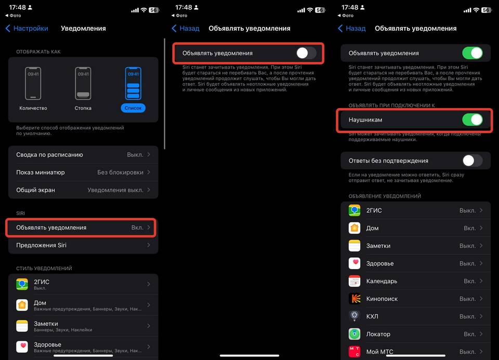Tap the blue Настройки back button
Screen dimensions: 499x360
(27, 28)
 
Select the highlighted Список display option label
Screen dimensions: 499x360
(133, 108)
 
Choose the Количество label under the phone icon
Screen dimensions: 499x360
(33, 108)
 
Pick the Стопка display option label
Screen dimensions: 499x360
(83, 108)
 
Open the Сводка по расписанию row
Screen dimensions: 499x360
(83, 155)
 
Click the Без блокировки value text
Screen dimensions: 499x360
(120, 172)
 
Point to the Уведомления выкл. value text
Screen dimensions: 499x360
(115, 190)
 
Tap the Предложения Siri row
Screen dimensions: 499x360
(83, 245)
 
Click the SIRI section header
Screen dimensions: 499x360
(21, 213)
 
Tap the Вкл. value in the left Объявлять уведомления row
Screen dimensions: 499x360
(137, 228)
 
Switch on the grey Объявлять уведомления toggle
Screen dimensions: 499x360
(306, 53)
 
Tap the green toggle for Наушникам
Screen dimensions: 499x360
(472, 120)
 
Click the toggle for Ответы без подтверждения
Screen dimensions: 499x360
(472, 161)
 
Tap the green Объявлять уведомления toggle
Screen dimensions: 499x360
(472, 53)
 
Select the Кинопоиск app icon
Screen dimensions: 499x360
(354, 299)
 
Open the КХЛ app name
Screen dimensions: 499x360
(372, 316)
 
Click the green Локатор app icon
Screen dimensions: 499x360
(354, 334)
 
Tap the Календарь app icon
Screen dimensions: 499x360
(354, 281)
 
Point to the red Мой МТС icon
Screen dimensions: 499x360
(354, 352)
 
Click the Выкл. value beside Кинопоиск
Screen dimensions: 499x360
(467, 299)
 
